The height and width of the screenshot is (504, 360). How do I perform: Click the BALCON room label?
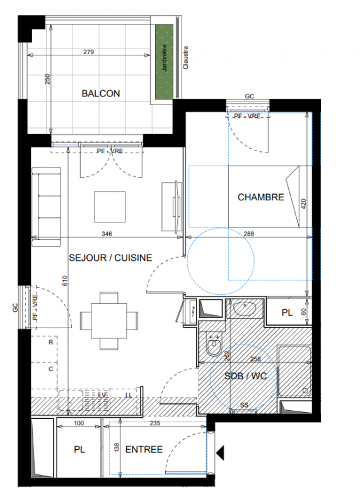tap(101, 93)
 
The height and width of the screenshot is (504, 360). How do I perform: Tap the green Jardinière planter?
tap(165, 62)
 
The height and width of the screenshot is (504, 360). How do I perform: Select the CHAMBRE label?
tap(260, 197)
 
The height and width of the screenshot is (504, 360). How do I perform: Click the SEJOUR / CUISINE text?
tap(110, 258)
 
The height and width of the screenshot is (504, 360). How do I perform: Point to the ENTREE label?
tap(144, 449)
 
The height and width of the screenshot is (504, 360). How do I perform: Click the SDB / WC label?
tap(245, 375)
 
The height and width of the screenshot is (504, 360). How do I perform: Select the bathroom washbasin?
tap(245, 309)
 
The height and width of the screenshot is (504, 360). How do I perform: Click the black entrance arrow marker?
tap(220, 453)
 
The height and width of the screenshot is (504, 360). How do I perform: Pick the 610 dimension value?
tap(65, 281)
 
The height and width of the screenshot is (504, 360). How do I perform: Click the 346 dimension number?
tap(107, 234)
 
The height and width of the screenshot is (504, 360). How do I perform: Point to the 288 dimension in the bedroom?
tap(248, 234)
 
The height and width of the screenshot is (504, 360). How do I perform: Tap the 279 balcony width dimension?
tap(88, 52)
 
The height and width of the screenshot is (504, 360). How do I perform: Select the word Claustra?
tap(185, 57)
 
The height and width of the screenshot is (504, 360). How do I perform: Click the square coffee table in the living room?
tap(110, 207)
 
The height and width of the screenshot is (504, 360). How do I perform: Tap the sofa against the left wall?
tap(46, 207)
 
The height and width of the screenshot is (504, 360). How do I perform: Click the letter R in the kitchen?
tap(51, 342)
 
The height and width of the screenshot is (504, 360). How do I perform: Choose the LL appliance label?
tap(129, 395)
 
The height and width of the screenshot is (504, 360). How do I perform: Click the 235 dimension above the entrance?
tap(154, 423)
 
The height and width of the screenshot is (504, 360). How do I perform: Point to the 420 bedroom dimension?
tap(303, 204)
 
